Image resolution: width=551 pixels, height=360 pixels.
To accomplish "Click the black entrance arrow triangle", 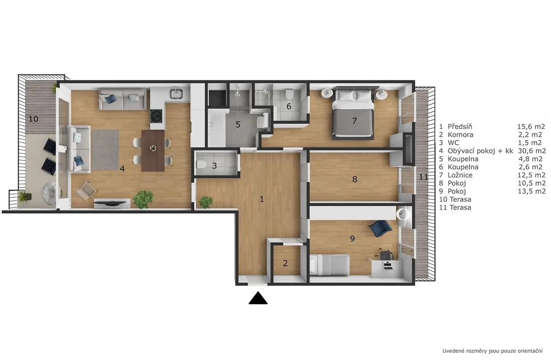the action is [258, 298].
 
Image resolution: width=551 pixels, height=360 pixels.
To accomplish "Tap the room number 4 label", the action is [122, 169].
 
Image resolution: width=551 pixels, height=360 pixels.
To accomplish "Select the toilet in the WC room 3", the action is [201, 164].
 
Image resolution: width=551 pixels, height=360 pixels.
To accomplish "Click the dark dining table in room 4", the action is [153, 151].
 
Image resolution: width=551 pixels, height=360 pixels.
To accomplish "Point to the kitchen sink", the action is [176, 94].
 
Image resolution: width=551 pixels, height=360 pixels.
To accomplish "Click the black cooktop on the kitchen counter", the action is [156, 116].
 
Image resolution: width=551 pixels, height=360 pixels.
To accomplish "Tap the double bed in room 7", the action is [353, 112].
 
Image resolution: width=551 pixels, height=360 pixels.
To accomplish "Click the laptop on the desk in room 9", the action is [387, 265].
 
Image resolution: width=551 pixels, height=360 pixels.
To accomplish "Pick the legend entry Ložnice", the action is [460, 175].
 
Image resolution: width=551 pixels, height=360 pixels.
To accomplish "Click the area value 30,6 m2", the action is [532, 151].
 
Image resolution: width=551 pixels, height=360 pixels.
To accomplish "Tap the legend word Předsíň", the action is [460, 127].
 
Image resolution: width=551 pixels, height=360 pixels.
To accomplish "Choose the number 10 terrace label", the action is [34, 119].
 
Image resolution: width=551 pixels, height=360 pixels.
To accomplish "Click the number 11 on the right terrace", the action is [423, 177].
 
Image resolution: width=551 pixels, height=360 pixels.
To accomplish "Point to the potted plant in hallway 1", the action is [206, 202].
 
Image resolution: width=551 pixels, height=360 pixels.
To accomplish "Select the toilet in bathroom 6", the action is [289, 94].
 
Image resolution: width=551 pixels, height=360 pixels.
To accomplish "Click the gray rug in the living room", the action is [105, 150].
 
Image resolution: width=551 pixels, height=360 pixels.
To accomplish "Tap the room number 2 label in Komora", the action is [285, 263].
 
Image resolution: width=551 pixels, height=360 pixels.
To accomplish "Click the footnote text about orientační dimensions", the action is [492, 351].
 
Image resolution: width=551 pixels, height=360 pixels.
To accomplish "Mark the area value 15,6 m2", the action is [531, 127].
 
